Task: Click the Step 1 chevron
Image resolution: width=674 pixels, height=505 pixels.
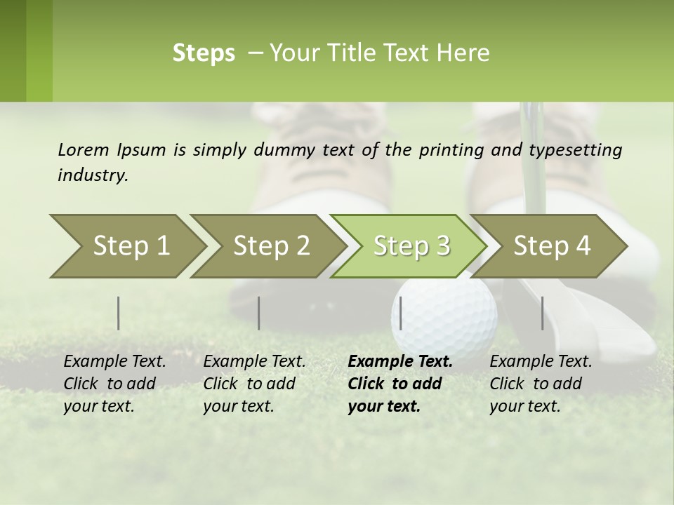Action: (131, 245)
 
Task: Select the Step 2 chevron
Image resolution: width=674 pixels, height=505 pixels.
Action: (271, 245)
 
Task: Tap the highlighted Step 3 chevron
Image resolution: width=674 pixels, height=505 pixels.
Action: (411, 245)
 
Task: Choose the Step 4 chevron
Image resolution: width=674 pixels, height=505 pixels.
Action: (552, 245)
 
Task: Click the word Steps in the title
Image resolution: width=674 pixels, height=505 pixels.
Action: (204, 53)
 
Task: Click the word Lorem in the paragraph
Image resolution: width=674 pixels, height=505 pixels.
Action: (83, 149)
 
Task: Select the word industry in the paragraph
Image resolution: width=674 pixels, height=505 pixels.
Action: (92, 175)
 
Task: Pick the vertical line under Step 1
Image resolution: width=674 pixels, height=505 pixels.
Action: (119, 313)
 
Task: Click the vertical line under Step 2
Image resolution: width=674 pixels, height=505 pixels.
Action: (259, 313)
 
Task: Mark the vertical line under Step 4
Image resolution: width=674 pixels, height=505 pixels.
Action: (543, 313)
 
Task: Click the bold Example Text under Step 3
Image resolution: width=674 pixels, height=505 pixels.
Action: (400, 362)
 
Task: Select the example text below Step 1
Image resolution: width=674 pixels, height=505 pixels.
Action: (114, 384)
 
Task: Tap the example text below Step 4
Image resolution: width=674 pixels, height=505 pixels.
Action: (541, 384)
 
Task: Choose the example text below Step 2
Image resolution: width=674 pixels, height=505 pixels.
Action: (254, 384)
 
